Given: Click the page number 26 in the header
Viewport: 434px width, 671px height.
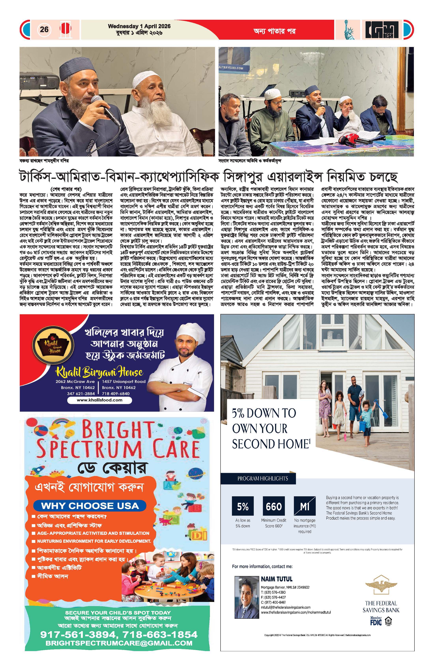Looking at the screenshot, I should pos(44,29).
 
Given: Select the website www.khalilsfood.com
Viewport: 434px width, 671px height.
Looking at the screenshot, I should pos(99,400).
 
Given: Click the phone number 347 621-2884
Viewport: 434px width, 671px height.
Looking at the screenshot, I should pos(81,394).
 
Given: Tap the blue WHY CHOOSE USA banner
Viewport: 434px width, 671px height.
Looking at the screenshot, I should pos(90,505).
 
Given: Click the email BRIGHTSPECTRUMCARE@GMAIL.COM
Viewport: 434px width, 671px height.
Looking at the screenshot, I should pos(119,643).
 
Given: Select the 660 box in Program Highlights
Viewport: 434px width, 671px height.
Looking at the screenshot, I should pos(273,507).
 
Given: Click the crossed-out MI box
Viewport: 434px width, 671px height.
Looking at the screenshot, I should pos(304,507).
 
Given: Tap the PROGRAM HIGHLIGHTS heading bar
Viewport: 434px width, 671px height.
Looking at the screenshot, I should pos(263,478).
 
